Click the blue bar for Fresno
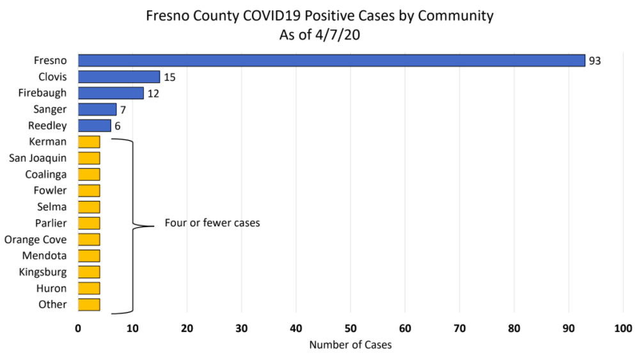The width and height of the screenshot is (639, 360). pos(331,61)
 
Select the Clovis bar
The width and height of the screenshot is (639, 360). pos(118,77)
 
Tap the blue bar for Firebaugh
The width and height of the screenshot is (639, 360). pos(111,93)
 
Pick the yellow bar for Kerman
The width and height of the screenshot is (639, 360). pos(89,141)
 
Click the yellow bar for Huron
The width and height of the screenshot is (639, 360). pos(89,288)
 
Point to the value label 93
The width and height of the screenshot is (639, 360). pos(596,61)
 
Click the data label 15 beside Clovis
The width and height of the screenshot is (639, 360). pos(170,77)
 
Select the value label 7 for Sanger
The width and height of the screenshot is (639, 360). pos(122,110)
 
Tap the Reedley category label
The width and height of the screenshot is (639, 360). pos(48,126)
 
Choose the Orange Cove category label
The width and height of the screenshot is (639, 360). pos(35,240)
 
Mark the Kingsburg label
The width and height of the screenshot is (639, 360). pos(43,272)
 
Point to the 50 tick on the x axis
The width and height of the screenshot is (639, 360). pos(351,329)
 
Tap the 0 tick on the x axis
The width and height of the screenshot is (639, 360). pos(78,329)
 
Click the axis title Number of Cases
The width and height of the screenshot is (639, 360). pos(351,345)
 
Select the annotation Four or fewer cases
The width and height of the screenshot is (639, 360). pos(212,224)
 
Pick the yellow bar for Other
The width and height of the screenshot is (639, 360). pos(89,304)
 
